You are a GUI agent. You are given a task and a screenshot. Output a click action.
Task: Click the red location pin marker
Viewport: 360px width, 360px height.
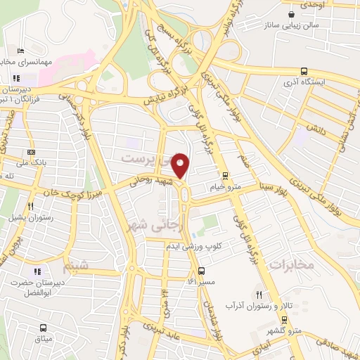tap(181, 166)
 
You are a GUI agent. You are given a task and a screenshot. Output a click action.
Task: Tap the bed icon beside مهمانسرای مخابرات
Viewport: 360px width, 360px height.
tap(20, 51)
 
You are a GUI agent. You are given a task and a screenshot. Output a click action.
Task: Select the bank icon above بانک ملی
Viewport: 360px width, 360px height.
tap(31, 152)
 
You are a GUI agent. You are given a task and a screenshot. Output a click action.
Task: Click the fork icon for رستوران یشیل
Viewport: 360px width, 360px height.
tap(31, 206)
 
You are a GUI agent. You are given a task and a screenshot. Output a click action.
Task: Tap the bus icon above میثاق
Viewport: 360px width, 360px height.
tap(44, 328)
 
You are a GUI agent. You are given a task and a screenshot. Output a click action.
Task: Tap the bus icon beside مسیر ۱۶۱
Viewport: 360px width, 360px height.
tap(202, 271)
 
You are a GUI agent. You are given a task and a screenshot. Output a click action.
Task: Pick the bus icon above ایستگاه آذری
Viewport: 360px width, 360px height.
tap(304, 71)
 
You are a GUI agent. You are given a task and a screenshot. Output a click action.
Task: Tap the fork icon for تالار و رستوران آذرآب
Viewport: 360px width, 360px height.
tap(259, 295)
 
